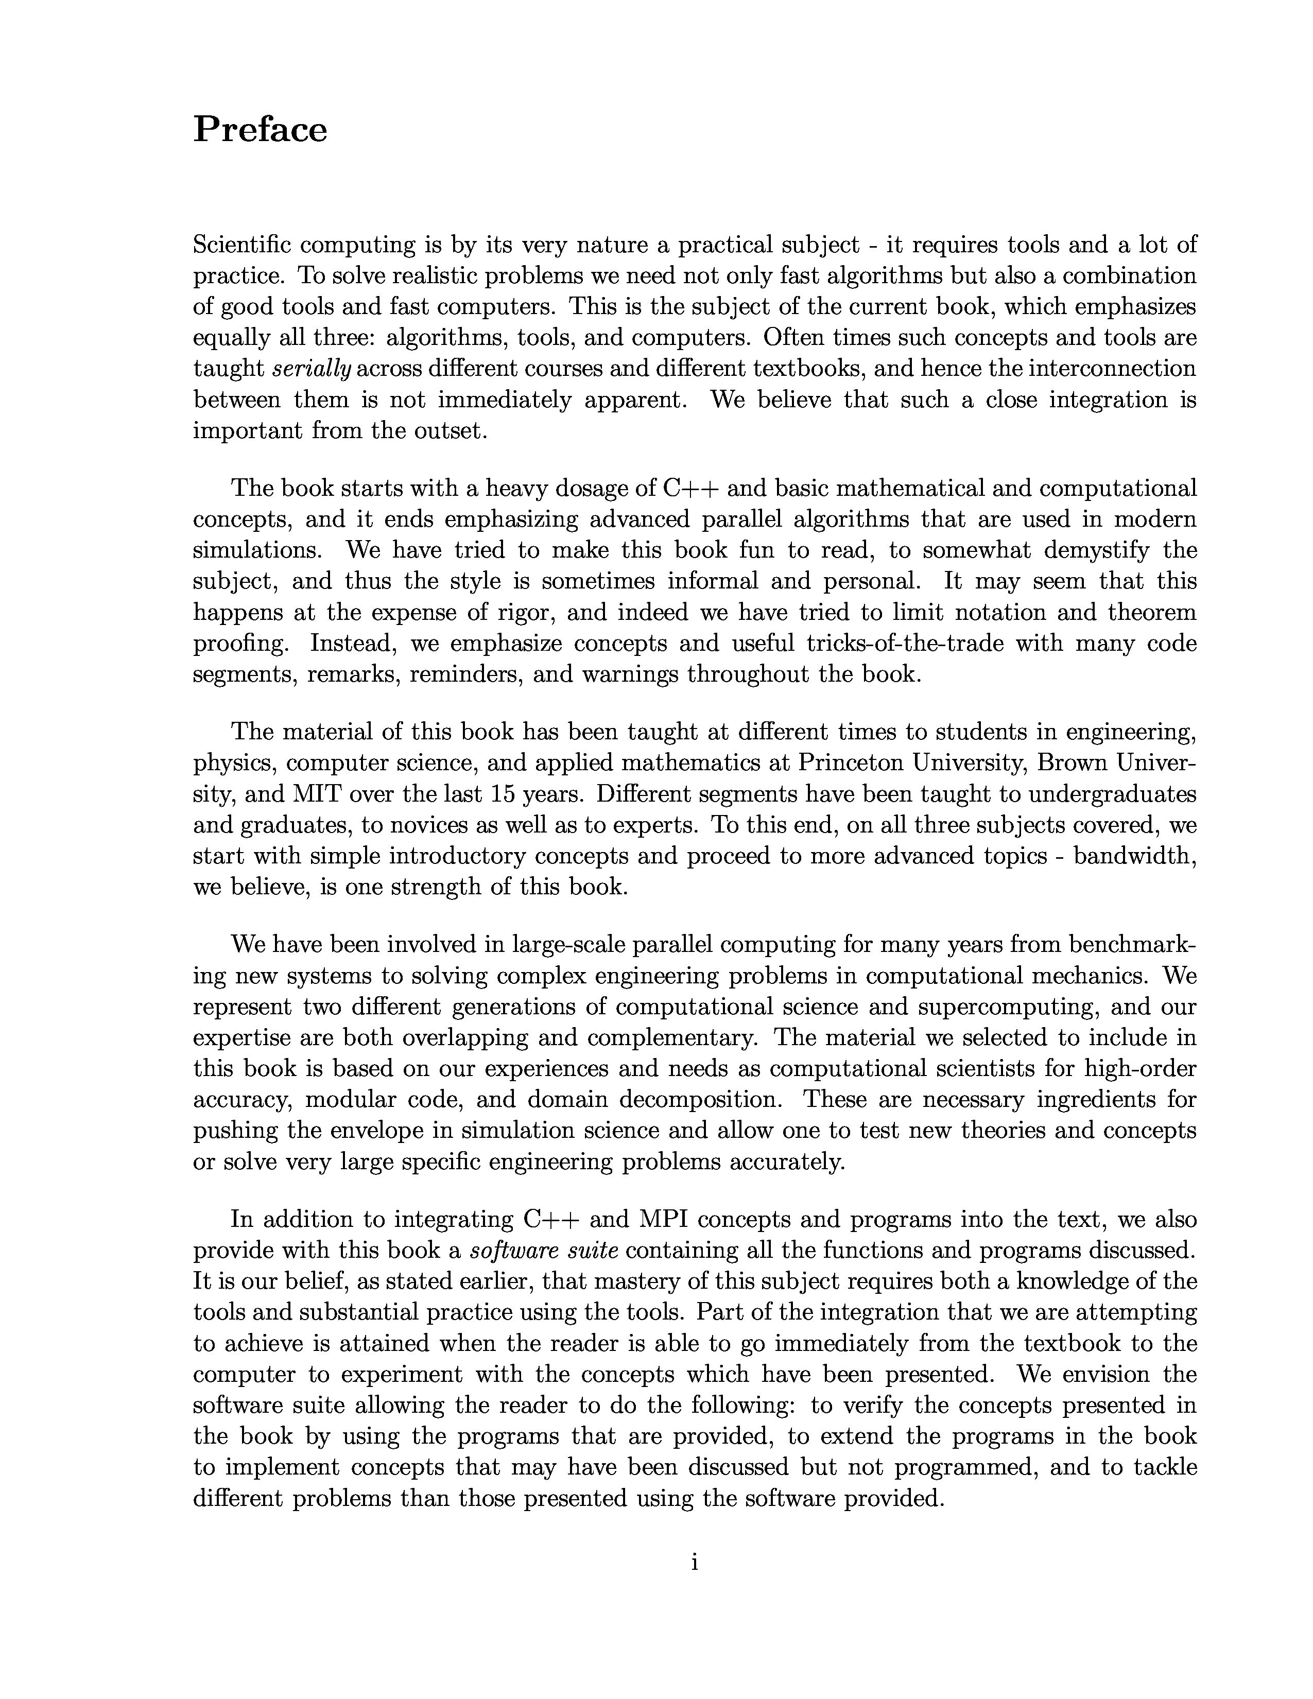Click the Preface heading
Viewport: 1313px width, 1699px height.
260,129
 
